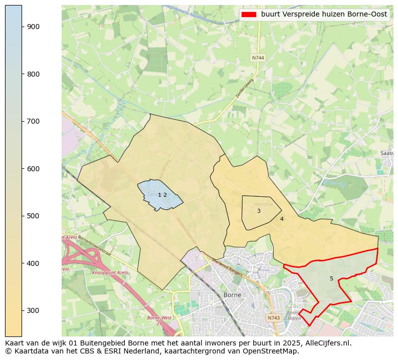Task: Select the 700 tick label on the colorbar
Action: [33, 121]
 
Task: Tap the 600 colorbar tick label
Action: [33, 169]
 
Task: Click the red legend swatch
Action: [248, 15]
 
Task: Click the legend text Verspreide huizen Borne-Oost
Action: [324, 15]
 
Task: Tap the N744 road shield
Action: [258, 58]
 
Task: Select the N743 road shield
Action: [273, 318]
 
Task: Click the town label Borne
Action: [232, 295]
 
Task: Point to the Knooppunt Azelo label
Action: [110, 273]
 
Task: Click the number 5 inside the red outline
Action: [331, 278]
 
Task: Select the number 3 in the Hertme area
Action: [259, 211]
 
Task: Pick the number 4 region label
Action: [282, 219]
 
